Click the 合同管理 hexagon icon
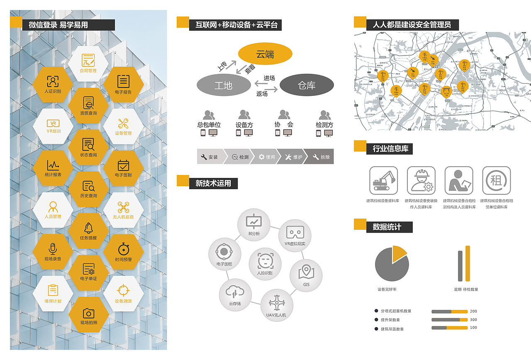click(x=88, y=63)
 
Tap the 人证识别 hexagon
click(x=53, y=84)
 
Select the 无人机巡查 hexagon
click(x=123, y=210)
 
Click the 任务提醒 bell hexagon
click(x=88, y=231)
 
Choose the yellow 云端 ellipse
click(x=265, y=54)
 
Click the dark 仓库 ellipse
click(x=307, y=85)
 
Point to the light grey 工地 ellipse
click(x=224, y=85)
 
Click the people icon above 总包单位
click(x=209, y=115)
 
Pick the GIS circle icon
click(x=306, y=275)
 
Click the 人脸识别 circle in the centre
click(x=265, y=264)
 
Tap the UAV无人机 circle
click(x=276, y=304)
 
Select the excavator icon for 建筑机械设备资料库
click(x=384, y=180)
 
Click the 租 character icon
click(x=496, y=180)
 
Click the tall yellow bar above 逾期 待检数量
click(x=468, y=263)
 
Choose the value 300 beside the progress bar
click(x=473, y=320)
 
